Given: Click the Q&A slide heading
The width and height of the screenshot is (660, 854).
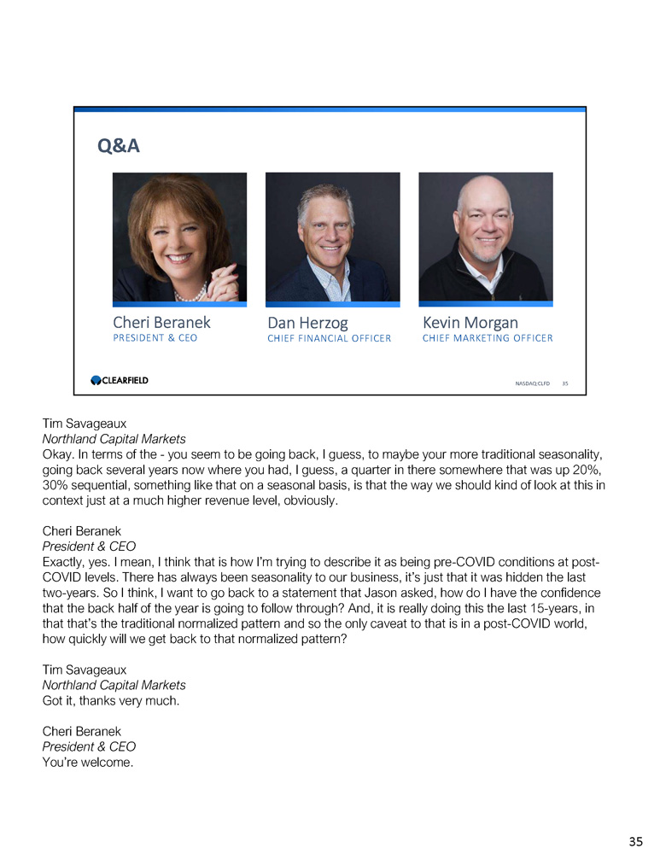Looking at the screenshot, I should point(120,147).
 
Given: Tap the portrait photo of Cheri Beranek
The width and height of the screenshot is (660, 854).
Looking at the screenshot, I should point(179,237).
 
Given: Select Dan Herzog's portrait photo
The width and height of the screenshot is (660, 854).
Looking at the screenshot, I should point(332,237).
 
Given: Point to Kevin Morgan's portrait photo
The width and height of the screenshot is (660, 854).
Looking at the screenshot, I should point(485,237).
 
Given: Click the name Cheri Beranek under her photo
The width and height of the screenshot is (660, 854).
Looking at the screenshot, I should point(161,323).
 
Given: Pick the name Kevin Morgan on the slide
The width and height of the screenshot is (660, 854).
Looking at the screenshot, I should point(470,323).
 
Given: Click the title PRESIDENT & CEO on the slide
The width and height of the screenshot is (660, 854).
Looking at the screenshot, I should point(155,338).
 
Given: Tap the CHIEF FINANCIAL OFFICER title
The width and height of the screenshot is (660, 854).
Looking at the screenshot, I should point(329,338).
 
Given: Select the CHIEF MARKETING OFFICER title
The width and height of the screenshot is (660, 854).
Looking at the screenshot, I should point(488,338).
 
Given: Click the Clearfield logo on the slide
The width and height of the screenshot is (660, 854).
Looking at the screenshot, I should point(120,380).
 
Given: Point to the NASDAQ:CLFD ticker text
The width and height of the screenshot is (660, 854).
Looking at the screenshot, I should point(532,384).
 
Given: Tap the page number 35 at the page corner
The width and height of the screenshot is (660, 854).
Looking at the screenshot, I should point(635,841).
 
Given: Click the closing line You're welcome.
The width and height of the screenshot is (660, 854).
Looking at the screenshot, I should point(88,762).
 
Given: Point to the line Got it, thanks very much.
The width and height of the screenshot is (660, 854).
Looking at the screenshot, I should point(112,700).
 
